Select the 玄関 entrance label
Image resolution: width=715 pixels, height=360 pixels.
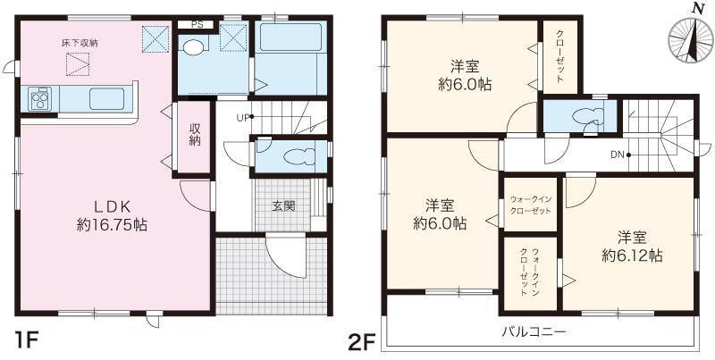(x=284, y=205)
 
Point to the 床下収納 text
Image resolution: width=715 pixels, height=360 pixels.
(x=79, y=42)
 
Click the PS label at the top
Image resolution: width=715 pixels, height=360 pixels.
(x=197, y=25)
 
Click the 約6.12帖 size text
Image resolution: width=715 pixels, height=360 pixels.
(x=632, y=255)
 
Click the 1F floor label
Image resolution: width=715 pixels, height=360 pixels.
(x=25, y=340)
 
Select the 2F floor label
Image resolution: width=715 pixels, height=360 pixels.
(x=361, y=340)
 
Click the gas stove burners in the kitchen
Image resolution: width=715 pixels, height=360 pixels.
(x=40, y=98)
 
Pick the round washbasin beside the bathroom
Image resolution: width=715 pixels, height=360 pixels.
(x=194, y=47)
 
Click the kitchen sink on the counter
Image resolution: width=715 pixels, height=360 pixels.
(x=109, y=97)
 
